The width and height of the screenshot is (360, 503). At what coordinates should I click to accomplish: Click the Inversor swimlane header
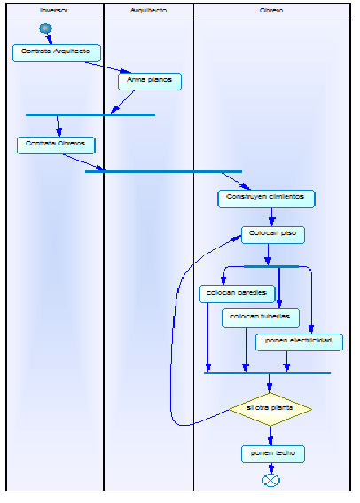coord(54,11)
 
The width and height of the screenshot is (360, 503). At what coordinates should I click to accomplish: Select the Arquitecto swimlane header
coord(148,11)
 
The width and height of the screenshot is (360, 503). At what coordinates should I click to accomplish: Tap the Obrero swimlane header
coord(271,11)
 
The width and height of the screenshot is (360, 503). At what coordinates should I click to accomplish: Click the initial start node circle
coord(46,28)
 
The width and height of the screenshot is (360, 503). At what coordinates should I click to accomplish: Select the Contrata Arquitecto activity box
coord(56,52)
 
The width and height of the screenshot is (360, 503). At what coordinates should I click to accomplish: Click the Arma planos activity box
coord(150,81)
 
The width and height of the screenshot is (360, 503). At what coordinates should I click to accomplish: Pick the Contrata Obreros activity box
coord(56,144)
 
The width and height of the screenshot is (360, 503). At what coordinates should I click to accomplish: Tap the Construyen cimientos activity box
coord(266,198)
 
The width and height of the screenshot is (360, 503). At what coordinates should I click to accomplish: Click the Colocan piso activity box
coord(273,234)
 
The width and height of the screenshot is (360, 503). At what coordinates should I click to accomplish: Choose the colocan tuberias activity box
coord(261,317)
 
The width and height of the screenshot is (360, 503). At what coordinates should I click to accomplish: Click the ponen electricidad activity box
coord(298,341)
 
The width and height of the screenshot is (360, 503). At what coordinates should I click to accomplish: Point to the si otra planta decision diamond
coord(270,408)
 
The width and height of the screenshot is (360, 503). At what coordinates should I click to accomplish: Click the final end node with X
coord(271,480)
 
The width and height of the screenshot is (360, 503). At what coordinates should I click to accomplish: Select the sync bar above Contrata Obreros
coord(90,114)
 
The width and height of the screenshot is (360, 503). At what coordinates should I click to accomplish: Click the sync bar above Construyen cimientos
coord(163,171)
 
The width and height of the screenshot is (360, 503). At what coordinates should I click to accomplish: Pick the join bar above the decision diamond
coord(267,373)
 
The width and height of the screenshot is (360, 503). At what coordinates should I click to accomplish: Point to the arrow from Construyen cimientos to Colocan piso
coord(272,216)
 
